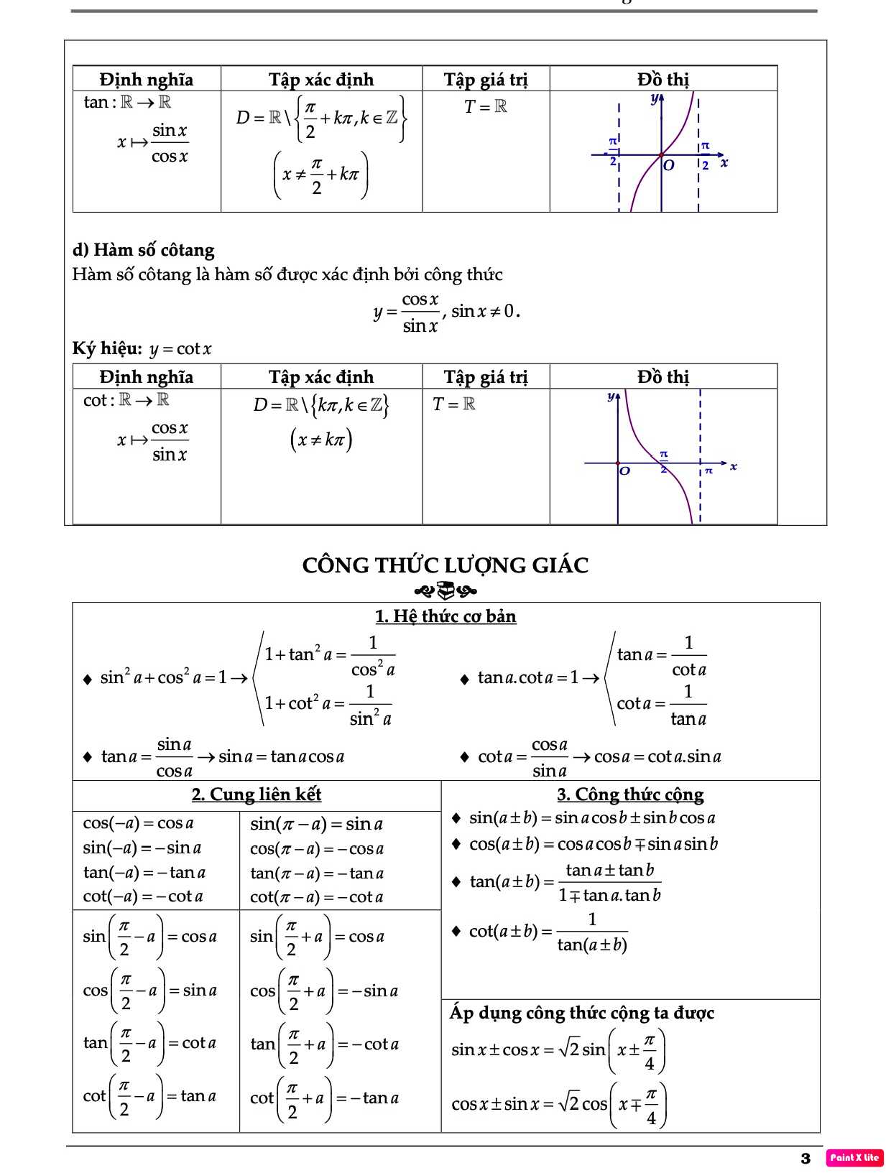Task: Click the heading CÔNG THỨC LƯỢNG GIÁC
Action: (x=445, y=565)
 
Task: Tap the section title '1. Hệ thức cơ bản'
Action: (x=445, y=616)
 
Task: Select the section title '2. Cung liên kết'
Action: (x=257, y=794)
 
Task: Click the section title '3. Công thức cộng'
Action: (x=630, y=794)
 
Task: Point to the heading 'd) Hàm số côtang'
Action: (x=144, y=250)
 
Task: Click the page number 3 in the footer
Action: (x=805, y=1158)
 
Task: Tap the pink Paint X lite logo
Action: (x=854, y=1157)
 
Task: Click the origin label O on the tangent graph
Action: (x=669, y=165)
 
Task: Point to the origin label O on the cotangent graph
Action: (x=624, y=471)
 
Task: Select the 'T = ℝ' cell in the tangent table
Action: (x=486, y=107)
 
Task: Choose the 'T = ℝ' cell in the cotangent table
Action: (x=454, y=404)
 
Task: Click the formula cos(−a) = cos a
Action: (x=139, y=823)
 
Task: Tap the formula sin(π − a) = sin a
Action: (x=316, y=824)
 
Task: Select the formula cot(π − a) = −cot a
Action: (x=316, y=897)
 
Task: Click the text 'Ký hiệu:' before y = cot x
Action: (x=107, y=349)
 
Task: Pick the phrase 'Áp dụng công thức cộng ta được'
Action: (x=582, y=1013)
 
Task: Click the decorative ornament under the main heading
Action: (x=445, y=591)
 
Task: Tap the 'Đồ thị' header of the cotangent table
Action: (x=663, y=377)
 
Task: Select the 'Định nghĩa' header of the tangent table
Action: (x=147, y=79)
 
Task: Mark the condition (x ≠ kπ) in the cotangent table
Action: (x=321, y=439)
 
